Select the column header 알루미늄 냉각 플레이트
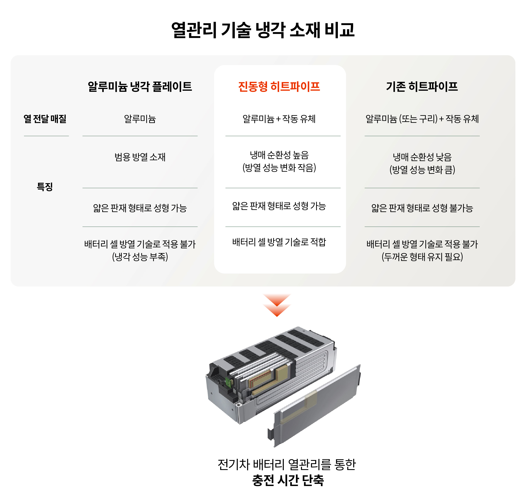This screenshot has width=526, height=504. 140,86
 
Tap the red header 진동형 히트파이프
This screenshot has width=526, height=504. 279,86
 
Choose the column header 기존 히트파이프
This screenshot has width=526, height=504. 422,86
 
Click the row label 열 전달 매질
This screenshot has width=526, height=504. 45,119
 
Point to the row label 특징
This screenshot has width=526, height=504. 45,186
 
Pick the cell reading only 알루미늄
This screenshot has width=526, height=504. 140,119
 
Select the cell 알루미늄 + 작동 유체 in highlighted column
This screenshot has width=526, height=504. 279,119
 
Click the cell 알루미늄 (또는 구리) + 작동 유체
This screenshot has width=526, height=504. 422,119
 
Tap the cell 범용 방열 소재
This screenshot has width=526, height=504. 140,157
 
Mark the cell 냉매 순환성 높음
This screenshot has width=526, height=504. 279,155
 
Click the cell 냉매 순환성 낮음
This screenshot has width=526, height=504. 422,157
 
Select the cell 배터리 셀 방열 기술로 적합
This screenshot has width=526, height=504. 279,242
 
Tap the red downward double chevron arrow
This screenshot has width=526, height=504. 277,305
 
